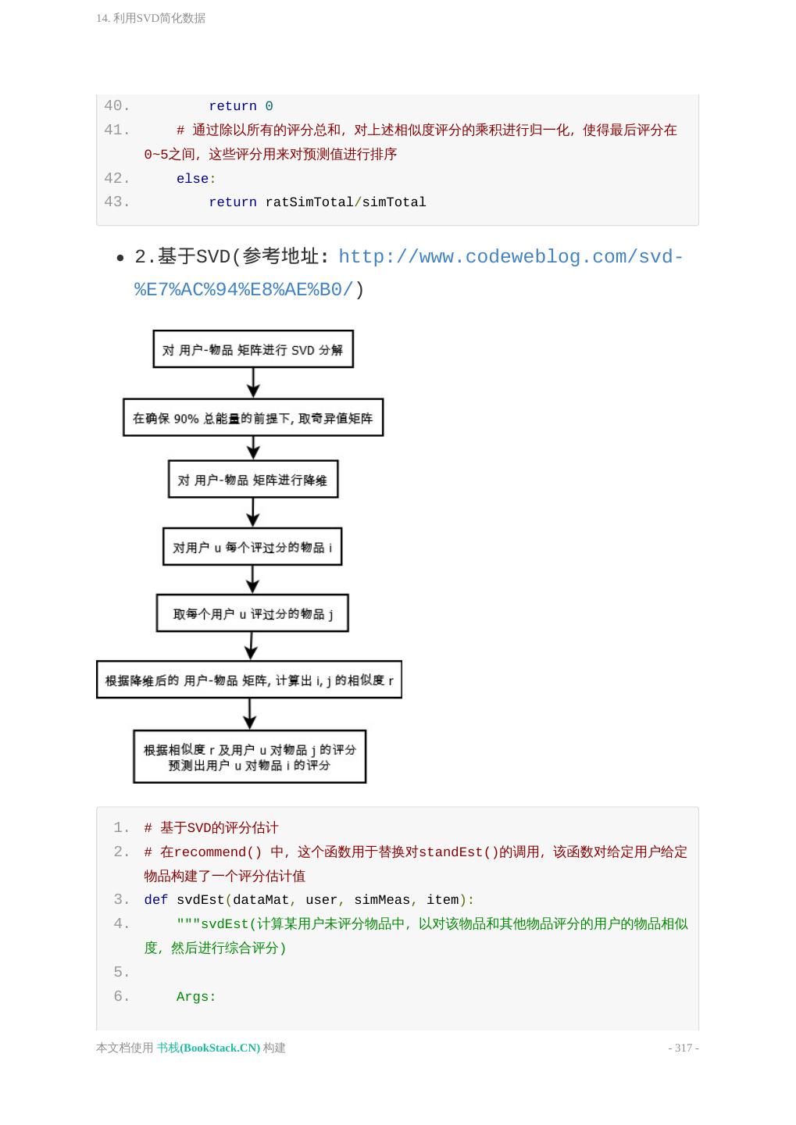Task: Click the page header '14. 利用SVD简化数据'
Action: click(151, 18)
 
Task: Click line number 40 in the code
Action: click(116, 106)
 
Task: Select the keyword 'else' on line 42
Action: click(192, 179)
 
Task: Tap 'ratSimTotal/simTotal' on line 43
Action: click(345, 202)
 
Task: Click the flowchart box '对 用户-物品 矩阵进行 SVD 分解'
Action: click(253, 349)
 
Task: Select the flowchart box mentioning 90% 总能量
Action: click(253, 418)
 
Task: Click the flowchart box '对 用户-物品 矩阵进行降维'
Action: click(253, 480)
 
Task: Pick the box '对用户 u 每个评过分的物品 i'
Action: click(252, 547)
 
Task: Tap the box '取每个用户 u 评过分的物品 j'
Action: click(252, 614)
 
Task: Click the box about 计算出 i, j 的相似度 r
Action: click(249, 680)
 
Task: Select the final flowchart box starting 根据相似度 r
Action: click(250, 757)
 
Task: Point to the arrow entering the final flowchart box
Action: click(250, 714)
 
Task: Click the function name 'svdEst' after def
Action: click(200, 900)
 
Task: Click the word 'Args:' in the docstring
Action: click(196, 997)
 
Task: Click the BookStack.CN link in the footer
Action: click(209, 1048)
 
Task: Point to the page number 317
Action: click(684, 1048)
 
